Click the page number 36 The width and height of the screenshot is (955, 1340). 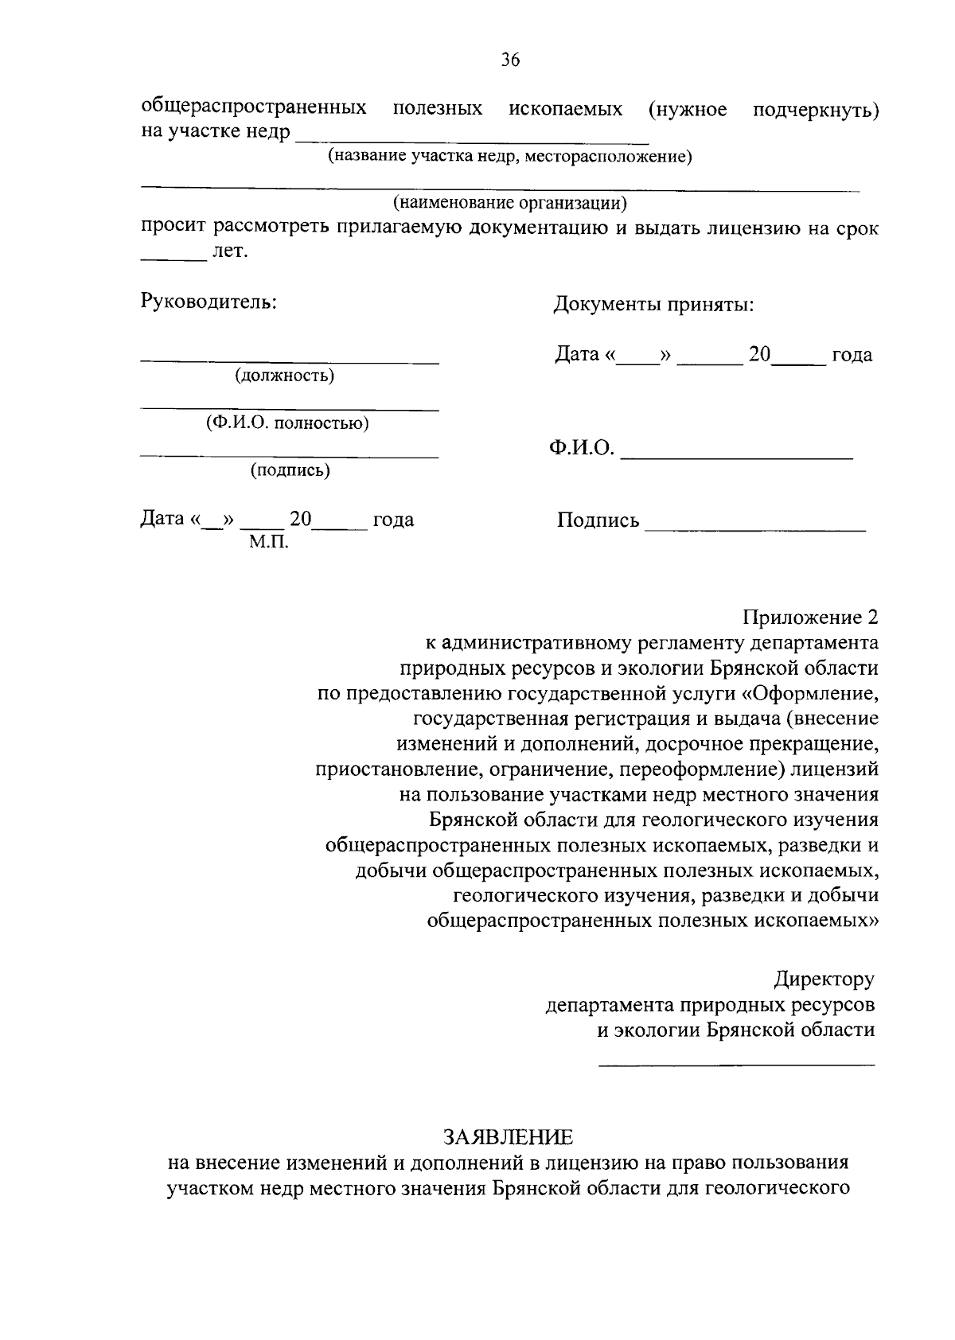point(510,60)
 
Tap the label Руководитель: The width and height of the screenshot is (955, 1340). point(209,302)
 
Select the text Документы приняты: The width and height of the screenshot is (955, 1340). point(653,305)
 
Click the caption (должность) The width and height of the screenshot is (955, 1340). point(284,376)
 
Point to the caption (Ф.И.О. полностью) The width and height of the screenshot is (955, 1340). point(287,423)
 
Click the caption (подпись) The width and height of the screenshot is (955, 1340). point(290,470)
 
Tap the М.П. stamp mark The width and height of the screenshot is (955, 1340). point(268,543)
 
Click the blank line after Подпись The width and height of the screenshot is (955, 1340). point(754,528)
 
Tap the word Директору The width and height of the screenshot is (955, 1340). point(824,979)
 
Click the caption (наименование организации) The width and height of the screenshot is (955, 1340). point(510,204)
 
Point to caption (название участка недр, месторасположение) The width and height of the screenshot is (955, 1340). point(510,157)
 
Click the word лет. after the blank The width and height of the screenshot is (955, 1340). point(230,252)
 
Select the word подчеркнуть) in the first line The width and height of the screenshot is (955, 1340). point(815,109)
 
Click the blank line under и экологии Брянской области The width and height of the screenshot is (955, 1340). point(735,1063)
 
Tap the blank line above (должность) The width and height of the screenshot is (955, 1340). point(290,362)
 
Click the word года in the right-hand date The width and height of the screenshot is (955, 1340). point(852,355)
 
